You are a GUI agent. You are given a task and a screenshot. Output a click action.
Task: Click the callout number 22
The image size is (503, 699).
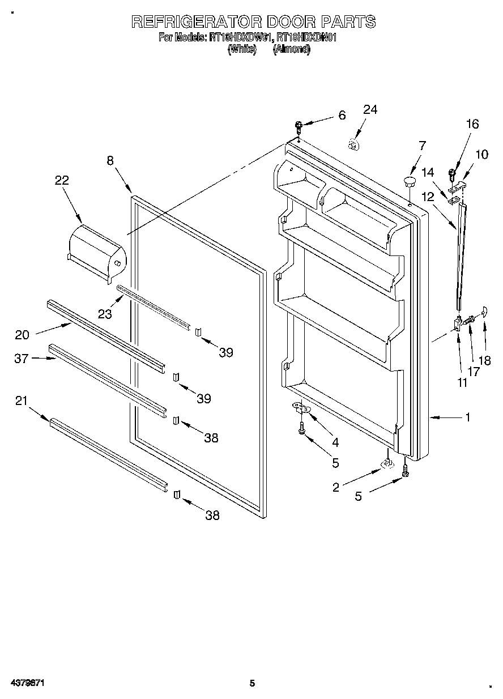click(x=62, y=181)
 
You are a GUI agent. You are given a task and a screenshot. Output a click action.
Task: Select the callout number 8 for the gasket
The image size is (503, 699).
click(x=110, y=161)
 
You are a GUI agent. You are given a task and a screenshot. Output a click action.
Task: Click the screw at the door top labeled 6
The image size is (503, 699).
click(x=299, y=126)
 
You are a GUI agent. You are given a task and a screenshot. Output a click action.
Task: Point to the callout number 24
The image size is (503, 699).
click(x=370, y=110)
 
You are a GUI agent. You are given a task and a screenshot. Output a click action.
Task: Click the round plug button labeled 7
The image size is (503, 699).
click(x=410, y=181)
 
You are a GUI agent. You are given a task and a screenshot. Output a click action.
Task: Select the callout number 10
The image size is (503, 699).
click(x=481, y=154)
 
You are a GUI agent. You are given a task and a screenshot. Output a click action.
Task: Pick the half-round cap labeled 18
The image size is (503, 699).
click(x=484, y=309)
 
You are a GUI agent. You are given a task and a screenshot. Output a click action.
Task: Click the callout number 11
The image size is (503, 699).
click(x=462, y=382)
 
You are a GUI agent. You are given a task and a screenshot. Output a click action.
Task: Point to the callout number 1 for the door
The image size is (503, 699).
click(x=467, y=417)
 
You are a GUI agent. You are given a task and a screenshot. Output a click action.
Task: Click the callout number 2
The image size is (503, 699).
click(x=336, y=487)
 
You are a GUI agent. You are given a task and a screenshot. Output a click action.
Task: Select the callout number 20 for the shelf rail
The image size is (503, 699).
click(x=22, y=335)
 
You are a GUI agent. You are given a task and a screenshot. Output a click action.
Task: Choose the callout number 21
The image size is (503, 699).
click(x=21, y=401)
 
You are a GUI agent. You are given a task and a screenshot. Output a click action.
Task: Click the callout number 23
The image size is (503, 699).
click(x=104, y=313)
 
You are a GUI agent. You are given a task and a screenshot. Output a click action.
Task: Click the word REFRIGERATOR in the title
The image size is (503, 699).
click(x=196, y=22)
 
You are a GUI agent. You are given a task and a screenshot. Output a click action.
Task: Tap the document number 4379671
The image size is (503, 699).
click(x=27, y=683)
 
